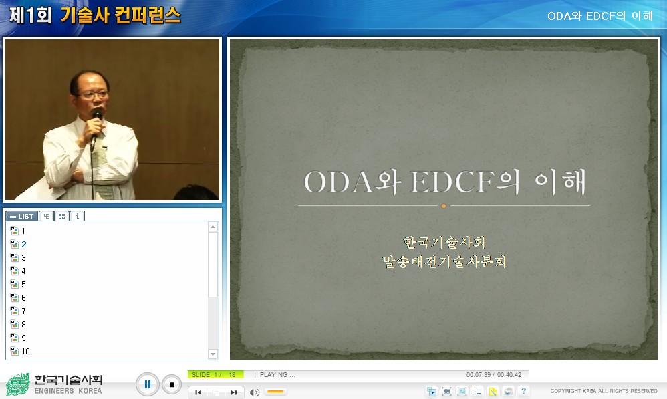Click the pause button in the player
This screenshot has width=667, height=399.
click(x=147, y=384)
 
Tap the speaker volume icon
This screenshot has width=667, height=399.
click(x=255, y=392)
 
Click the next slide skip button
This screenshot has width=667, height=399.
click(x=233, y=392)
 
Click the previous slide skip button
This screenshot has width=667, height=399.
click(x=198, y=392)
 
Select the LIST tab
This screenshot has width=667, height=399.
click(x=21, y=216)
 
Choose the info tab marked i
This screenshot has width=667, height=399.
click(x=78, y=216)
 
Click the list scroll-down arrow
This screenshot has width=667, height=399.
click(x=213, y=354)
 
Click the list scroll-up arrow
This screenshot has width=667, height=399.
click(x=213, y=227)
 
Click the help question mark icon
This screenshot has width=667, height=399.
click(x=524, y=392)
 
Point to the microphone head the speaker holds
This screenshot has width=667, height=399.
click(x=97, y=114)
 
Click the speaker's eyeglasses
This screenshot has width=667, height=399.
click(x=93, y=94)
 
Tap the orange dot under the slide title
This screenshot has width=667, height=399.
click(x=444, y=206)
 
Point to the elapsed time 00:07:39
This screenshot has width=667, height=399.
click(x=479, y=375)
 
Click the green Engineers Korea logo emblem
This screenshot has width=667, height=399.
click(x=18, y=384)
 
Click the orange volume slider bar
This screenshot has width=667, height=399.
click(x=275, y=392)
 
